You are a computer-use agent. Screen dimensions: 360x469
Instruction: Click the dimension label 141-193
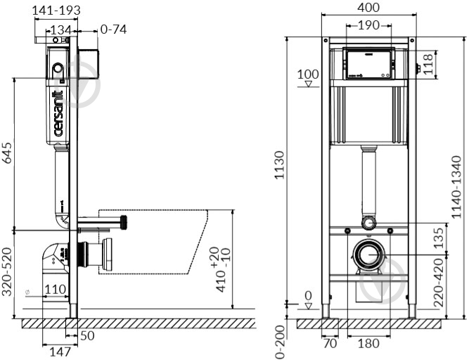tap(57, 10)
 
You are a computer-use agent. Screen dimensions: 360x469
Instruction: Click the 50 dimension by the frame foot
tap(86, 336)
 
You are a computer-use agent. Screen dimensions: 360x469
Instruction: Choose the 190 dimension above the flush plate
tap(368, 25)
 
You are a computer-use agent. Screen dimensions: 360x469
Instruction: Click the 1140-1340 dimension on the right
tap(457, 187)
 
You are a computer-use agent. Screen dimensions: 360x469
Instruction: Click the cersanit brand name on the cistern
tap(60, 112)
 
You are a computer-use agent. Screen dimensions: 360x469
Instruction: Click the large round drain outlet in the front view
tap(368, 256)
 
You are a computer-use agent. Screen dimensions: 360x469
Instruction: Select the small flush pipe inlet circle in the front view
tap(368, 224)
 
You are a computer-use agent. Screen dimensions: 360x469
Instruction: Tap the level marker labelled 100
tap(307, 75)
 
